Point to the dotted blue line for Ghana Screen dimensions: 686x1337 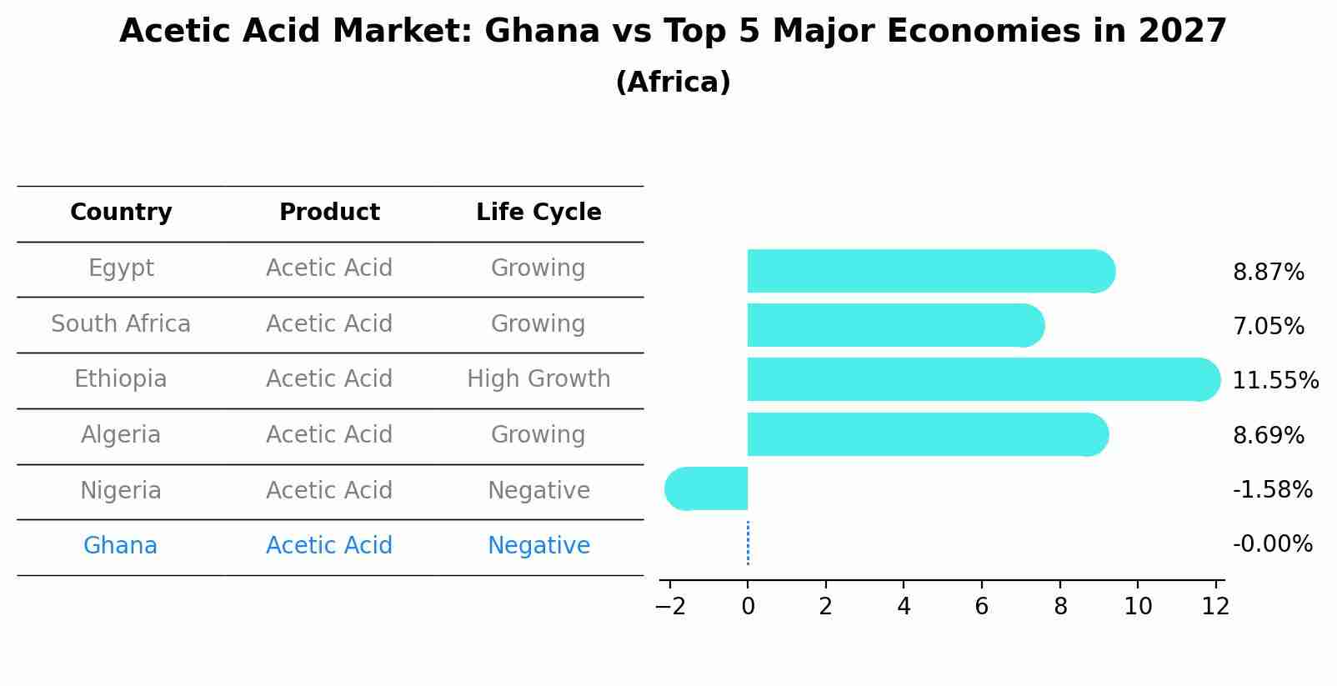tap(748, 543)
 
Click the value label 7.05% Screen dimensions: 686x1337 tap(1268, 327)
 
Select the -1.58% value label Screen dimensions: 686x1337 tap(1272, 490)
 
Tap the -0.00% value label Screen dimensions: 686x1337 tap(1272, 544)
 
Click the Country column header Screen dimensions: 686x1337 tap(121, 213)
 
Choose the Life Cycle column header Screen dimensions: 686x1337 tap(538, 213)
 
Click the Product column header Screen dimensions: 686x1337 tap(329, 213)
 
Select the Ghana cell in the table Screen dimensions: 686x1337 tap(120, 546)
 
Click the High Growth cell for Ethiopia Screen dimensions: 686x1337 tap(538, 379)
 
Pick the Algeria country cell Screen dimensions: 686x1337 tap(121, 435)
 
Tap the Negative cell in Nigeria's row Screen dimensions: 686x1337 tap(538, 491)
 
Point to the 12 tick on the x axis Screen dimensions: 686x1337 tap(1215, 607)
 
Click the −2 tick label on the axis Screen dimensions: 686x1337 tap(670, 607)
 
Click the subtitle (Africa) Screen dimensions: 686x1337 tap(673, 83)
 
